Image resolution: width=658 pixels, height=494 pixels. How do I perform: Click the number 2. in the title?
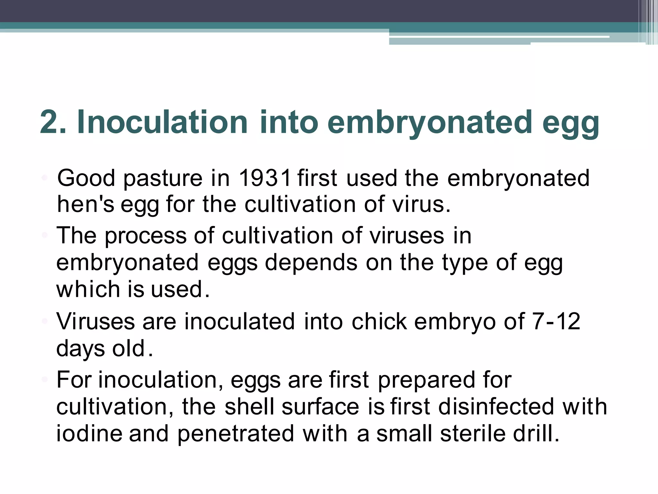tap(53, 122)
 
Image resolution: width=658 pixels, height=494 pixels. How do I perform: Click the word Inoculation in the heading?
tap(162, 122)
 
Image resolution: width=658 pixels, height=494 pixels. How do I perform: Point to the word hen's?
tap(85, 205)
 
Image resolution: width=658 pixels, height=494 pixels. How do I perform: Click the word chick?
tap(379, 321)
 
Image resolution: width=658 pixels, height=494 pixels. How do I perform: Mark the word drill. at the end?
tap(536, 434)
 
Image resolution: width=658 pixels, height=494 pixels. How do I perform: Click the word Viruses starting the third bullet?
tap(95, 321)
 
